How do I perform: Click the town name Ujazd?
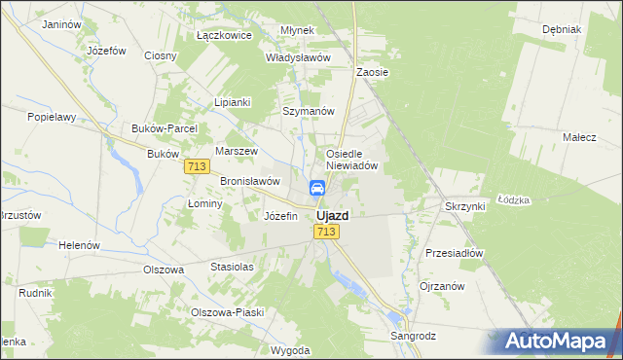(x=333, y=215)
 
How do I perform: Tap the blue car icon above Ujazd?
(x=317, y=188)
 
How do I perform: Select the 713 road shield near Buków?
(x=196, y=167)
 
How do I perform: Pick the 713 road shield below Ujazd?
(x=326, y=232)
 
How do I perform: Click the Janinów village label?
(x=62, y=23)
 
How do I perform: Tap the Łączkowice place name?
(x=224, y=35)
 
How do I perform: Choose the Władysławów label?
(x=299, y=57)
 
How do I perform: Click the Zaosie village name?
(x=373, y=72)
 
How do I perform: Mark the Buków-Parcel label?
(x=165, y=128)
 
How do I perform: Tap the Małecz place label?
(x=579, y=138)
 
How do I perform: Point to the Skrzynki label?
(x=464, y=207)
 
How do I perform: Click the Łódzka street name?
(x=513, y=199)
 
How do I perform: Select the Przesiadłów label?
(x=455, y=252)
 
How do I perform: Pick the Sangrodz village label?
(x=414, y=336)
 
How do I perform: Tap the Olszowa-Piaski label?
(x=228, y=312)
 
